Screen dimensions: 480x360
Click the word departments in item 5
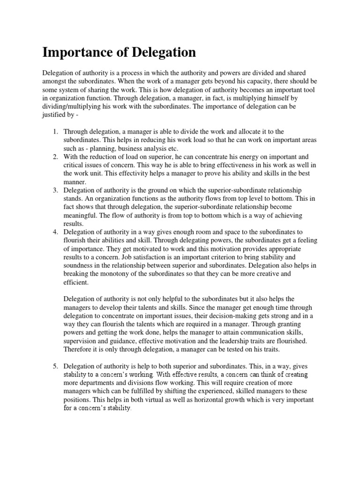[x=96, y=383]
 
